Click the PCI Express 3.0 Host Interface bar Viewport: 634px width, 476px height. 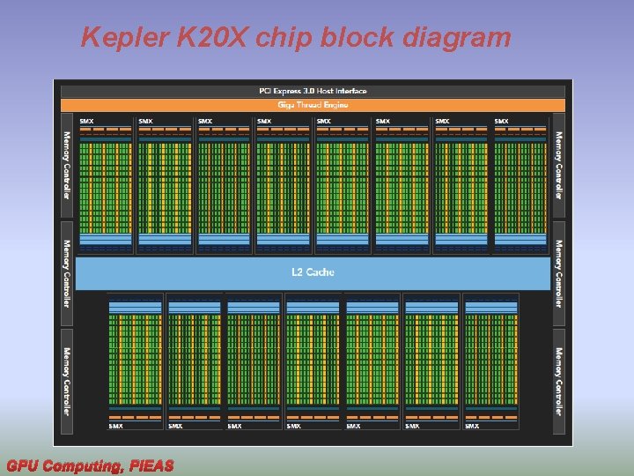click(313, 91)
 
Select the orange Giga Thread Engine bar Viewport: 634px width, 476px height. click(313, 105)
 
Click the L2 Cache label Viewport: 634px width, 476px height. click(313, 272)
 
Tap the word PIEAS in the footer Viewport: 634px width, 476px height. click(151, 465)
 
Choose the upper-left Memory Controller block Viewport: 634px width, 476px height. click(66, 166)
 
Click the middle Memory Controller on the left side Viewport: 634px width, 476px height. click(66, 273)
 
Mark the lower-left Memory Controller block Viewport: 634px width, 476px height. click(66, 381)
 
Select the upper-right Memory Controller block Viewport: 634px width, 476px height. click(558, 166)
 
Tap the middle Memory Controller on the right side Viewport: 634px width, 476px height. click(558, 273)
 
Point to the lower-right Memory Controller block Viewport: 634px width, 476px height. click(558, 381)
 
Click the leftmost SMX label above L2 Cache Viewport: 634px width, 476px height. click(86, 121)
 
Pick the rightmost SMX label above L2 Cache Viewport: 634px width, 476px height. click(501, 121)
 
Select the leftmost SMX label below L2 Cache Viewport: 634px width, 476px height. click(115, 426)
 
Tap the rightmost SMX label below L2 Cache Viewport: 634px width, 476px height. click(472, 426)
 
